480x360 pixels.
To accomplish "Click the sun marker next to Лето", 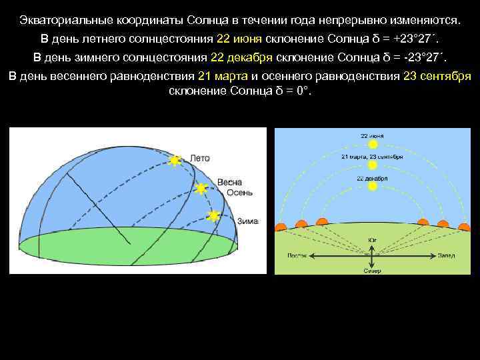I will click(175, 160).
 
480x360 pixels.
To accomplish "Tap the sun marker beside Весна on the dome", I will click(201, 189).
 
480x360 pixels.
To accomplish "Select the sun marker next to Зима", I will click(213, 215).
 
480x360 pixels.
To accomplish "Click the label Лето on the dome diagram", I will click(200, 159).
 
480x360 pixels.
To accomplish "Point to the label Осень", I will click(239, 192).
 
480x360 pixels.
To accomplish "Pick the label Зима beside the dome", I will click(247, 221).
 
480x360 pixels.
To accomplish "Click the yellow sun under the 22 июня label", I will click(373, 143).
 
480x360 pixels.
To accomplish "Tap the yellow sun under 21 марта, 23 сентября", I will click(373, 165).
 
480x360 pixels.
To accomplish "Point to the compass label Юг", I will click(371, 240).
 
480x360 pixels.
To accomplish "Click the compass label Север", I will click(372, 271).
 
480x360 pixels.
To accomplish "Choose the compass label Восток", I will click(297, 255).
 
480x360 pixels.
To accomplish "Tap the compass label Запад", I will click(447, 255).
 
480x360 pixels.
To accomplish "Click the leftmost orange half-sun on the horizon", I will click(281, 227).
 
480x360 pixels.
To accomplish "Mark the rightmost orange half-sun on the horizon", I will click(464, 227).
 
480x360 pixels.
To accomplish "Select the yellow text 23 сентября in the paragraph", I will click(437, 75).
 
